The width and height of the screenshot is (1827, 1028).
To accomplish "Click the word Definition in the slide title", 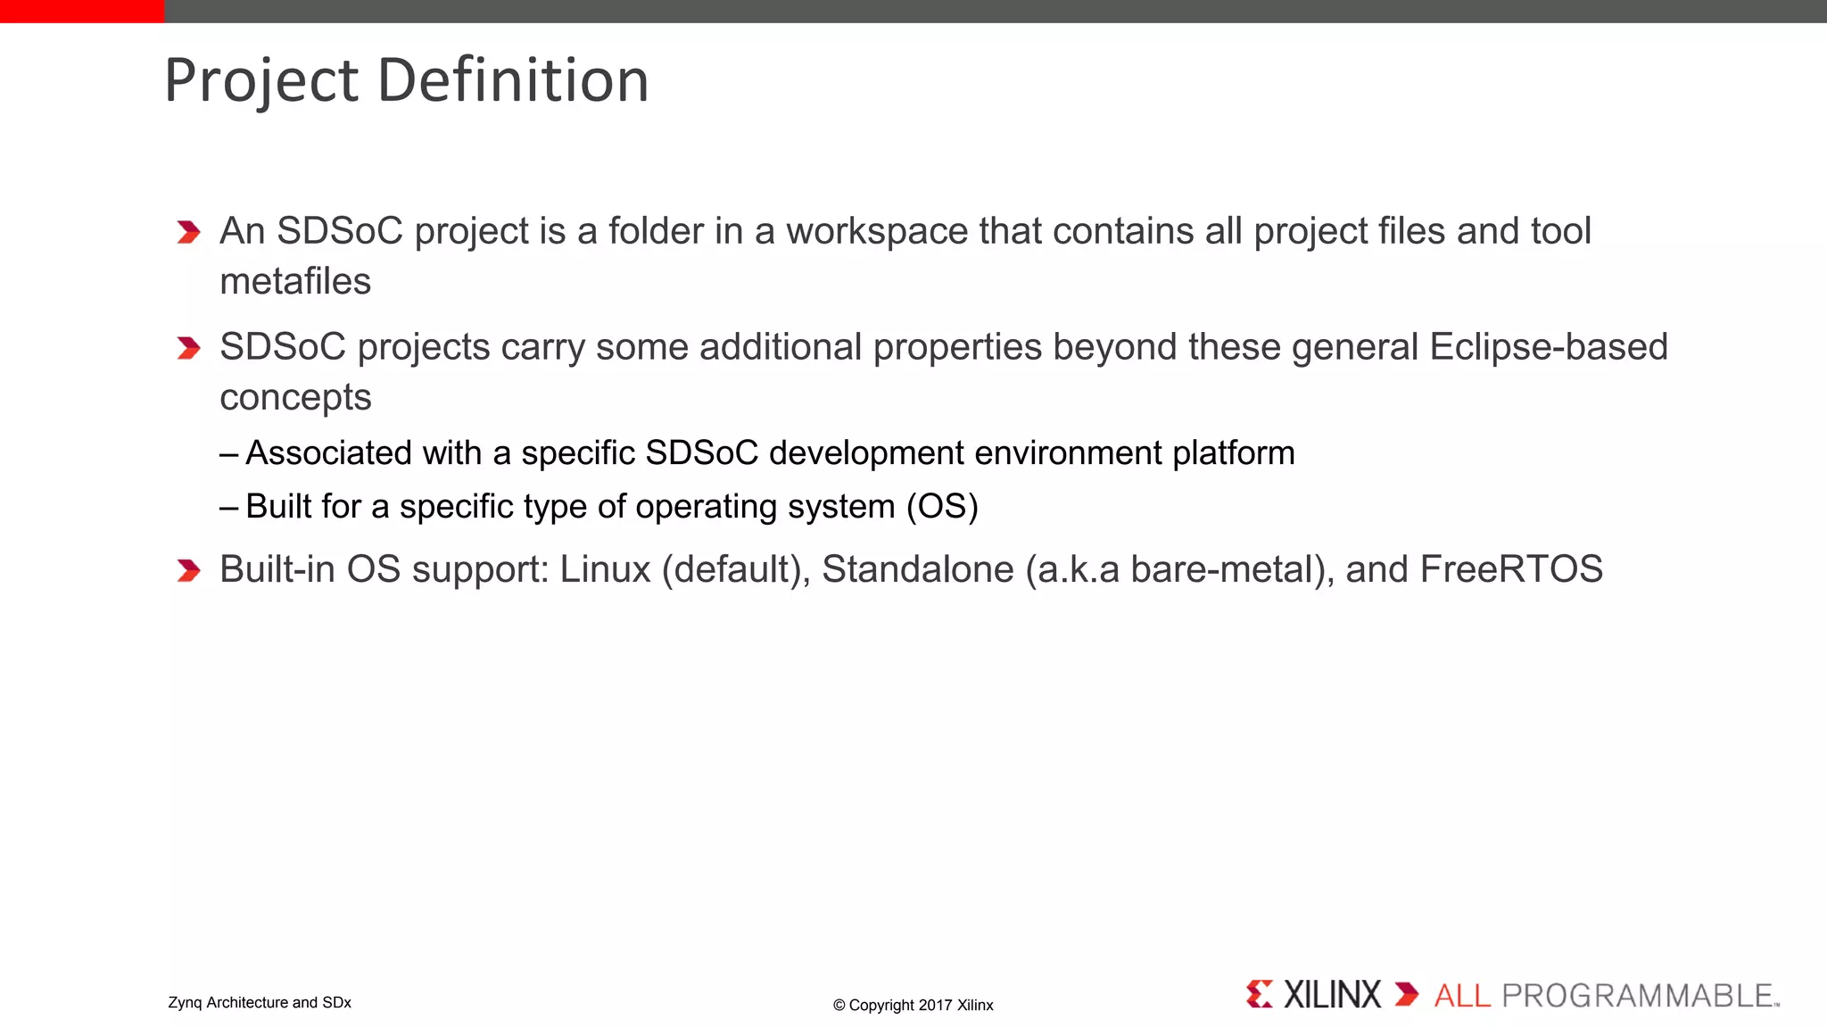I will point(513,80).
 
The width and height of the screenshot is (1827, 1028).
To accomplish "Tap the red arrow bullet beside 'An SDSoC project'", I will point(188,232).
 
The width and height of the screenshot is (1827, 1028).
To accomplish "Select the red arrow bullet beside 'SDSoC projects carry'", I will point(188,348).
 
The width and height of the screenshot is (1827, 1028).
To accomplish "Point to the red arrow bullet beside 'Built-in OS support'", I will point(188,570).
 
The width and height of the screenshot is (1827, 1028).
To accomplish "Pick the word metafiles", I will point(295,282).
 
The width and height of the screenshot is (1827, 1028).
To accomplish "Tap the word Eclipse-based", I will point(1548,347).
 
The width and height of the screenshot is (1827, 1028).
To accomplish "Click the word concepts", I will point(295,398).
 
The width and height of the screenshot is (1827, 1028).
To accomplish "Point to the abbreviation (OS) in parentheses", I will point(942,507).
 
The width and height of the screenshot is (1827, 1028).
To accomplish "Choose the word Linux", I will point(605,569).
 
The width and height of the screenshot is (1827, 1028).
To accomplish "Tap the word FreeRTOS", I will point(1511,569).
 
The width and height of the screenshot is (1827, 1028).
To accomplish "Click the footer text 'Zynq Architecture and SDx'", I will point(260,1003).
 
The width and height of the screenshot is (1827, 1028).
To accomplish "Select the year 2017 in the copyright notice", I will point(935,1006).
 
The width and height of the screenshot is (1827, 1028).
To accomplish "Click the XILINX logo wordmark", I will point(1331,995).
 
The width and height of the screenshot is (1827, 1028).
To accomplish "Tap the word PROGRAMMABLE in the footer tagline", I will point(1638,996).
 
